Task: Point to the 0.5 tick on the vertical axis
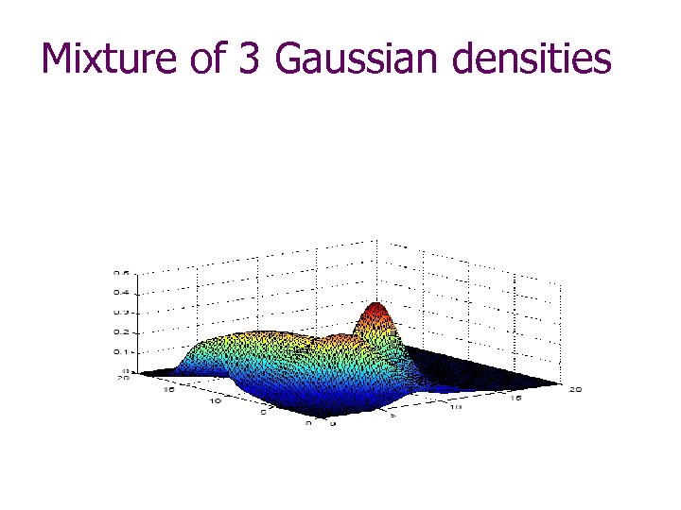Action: tap(122, 273)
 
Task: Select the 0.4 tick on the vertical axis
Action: tap(122, 292)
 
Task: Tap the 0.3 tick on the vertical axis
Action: tap(122, 312)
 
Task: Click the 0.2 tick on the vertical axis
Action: tap(122, 331)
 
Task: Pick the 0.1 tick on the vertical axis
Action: tap(122, 351)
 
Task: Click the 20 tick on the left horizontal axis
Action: tap(121, 377)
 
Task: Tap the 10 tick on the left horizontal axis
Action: tap(216, 400)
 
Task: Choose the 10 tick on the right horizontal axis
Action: tap(455, 407)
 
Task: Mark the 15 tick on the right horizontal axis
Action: tap(515, 399)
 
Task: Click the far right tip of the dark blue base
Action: tap(558, 382)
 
